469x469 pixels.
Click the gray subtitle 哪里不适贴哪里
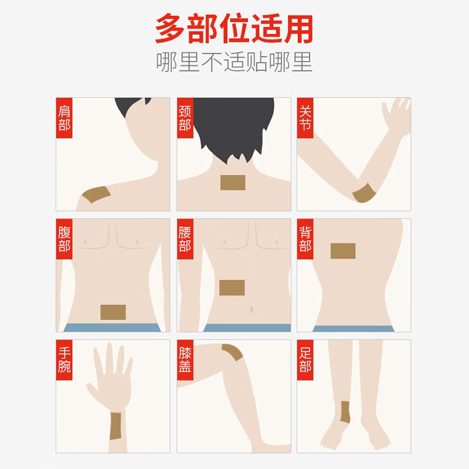(x=234, y=62)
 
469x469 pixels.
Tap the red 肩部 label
(x=64, y=118)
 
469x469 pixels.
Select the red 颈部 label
(x=185, y=118)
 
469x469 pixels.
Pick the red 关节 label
(x=305, y=118)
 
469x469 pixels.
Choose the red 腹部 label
(x=64, y=239)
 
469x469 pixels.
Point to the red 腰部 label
(x=185, y=239)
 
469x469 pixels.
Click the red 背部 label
(x=305, y=239)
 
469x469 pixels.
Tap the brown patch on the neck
(x=233, y=182)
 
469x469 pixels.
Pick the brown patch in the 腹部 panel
(x=113, y=312)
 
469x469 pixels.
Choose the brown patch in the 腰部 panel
(x=232, y=287)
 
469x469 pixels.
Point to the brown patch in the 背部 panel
(x=343, y=251)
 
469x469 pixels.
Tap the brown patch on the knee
(x=233, y=353)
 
